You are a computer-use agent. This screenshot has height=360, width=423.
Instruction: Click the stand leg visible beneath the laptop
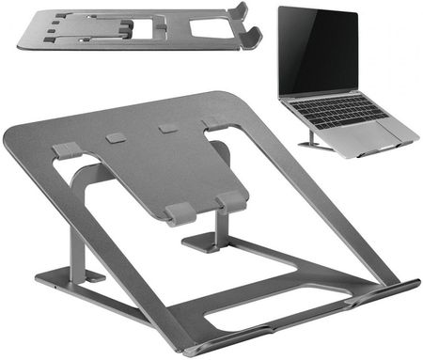tap(307, 140)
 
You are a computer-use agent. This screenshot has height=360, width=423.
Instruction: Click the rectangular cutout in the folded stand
tap(211, 29)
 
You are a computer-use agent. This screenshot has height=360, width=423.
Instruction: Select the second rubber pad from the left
tap(116, 138)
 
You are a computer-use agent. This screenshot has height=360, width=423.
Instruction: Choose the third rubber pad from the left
tap(167, 128)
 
